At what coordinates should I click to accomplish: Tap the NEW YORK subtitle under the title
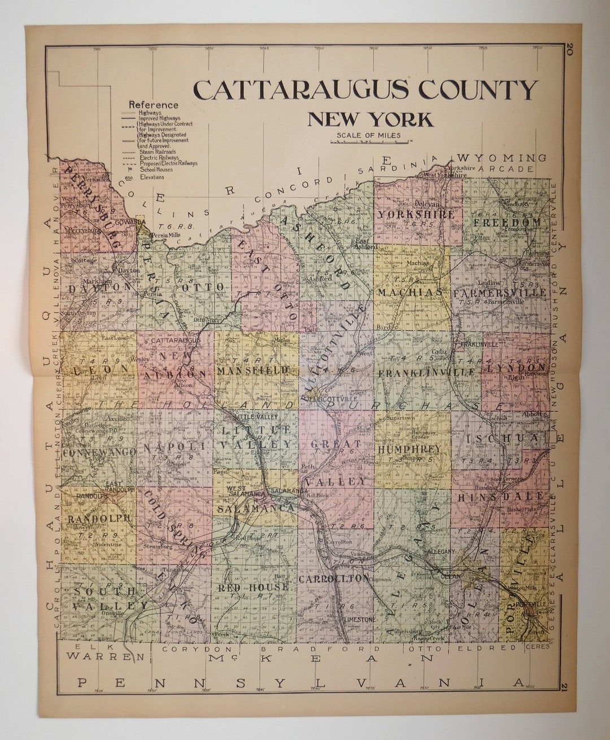pos(370,120)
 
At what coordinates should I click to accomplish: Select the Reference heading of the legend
pos(153,104)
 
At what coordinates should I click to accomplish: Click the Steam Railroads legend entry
pos(156,152)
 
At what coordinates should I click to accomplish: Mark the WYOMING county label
pos(503,157)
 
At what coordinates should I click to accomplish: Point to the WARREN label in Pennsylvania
pos(104,656)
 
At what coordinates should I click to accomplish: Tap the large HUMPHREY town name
pos(409,449)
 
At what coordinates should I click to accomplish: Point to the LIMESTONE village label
pos(358,619)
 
